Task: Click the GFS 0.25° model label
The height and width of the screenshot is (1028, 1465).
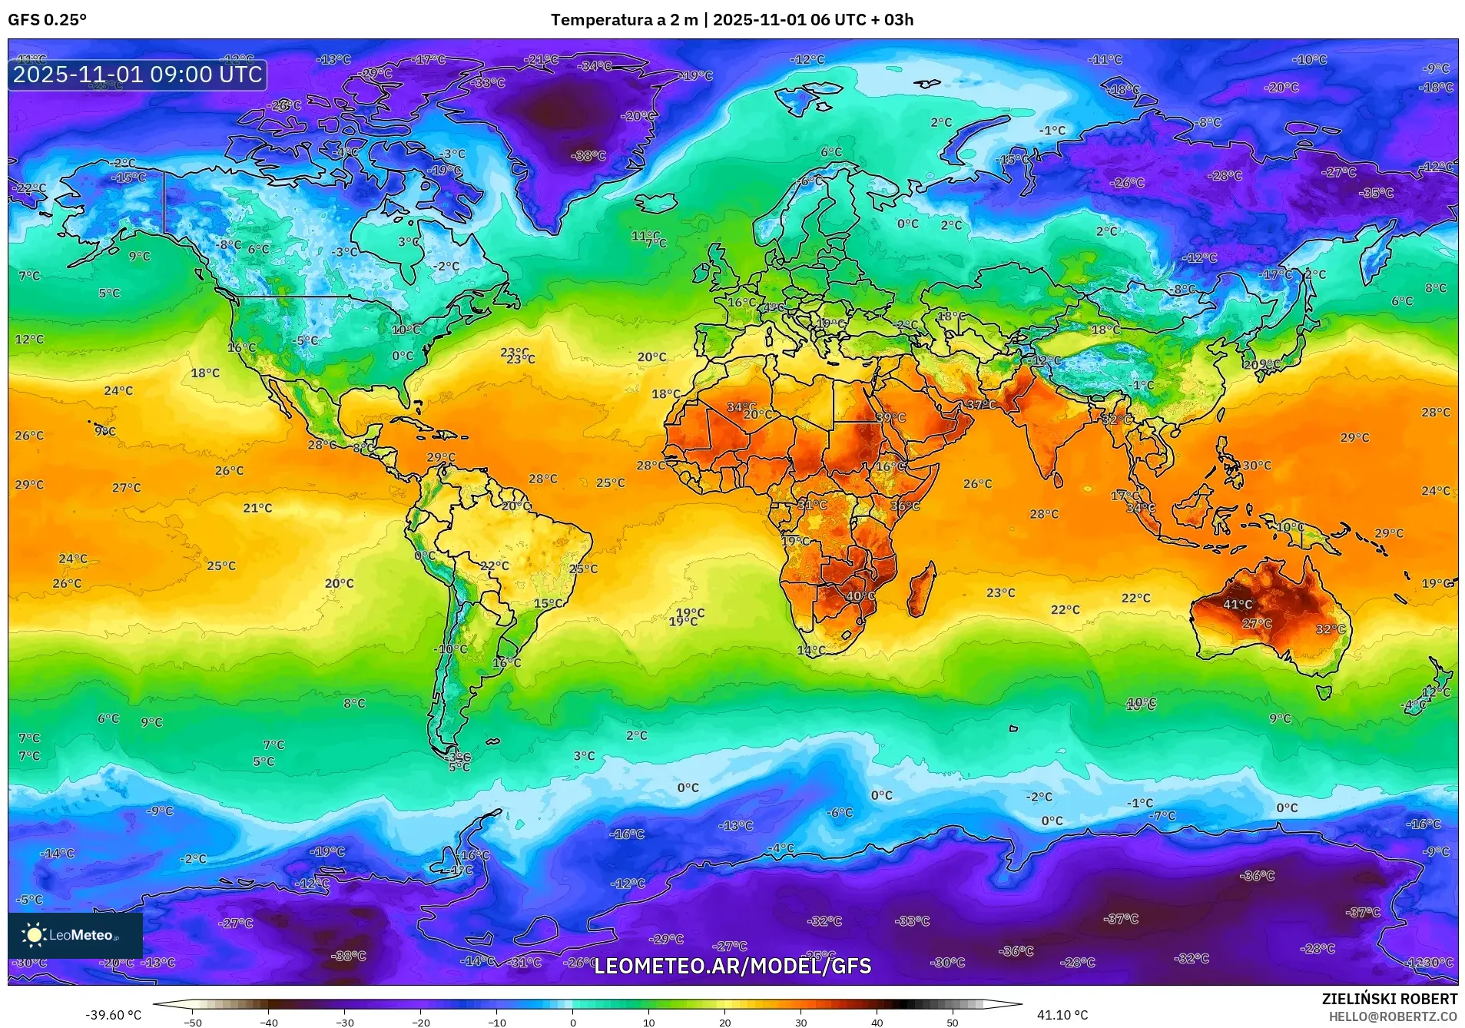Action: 47,20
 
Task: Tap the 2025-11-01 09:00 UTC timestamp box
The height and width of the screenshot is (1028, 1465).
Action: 138,75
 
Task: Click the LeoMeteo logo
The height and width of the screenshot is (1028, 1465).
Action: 75,935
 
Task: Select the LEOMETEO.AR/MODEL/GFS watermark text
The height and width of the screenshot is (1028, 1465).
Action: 732,966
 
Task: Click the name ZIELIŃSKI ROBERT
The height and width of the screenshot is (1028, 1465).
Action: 1389,999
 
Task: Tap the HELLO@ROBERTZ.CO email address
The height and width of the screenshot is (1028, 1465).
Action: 1393,1016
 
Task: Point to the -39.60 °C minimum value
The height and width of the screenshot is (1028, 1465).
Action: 113,1015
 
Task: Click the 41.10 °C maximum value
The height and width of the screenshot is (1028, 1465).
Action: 1062,1015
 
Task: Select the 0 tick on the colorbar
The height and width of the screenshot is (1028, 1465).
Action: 572,1023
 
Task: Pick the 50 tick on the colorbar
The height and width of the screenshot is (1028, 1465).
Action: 953,1023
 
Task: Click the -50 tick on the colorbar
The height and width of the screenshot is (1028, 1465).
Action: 192,1023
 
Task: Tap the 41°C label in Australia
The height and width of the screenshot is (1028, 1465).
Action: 1237,605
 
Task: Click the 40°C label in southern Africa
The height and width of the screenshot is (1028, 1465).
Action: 860,596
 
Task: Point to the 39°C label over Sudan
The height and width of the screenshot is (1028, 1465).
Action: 890,418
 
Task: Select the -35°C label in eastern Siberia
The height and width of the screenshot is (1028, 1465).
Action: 1375,194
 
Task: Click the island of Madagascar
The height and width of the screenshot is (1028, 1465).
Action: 922,588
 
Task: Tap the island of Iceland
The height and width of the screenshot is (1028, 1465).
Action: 655,203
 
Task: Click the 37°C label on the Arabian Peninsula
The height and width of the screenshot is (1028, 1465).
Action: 980,405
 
